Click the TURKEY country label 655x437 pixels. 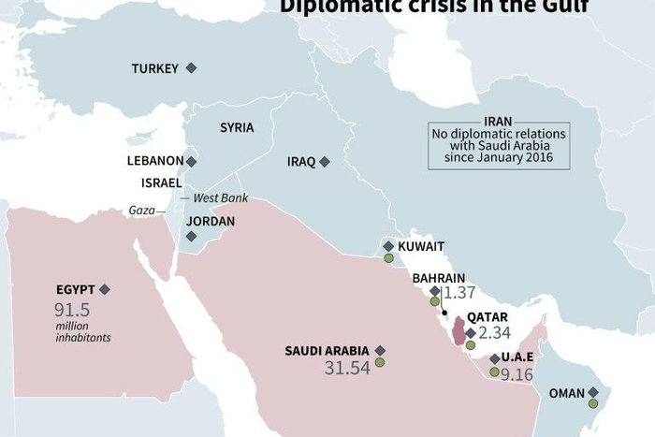(x=154, y=68)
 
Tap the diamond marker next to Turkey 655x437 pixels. (x=192, y=68)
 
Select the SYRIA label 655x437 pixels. (x=237, y=127)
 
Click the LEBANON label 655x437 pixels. (x=154, y=161)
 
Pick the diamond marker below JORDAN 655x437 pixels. (x=192, y=237)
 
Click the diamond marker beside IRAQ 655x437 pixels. (x=325, y=162)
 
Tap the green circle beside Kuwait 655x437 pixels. (x=388, y=258)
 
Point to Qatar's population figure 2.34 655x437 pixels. (x=493, y=333)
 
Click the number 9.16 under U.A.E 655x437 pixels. (x=517, y=374)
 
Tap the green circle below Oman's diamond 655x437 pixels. (x=593, y=404)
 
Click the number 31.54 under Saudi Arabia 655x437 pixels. (x=347, y=368)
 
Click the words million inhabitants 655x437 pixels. (x=82, y=331)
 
